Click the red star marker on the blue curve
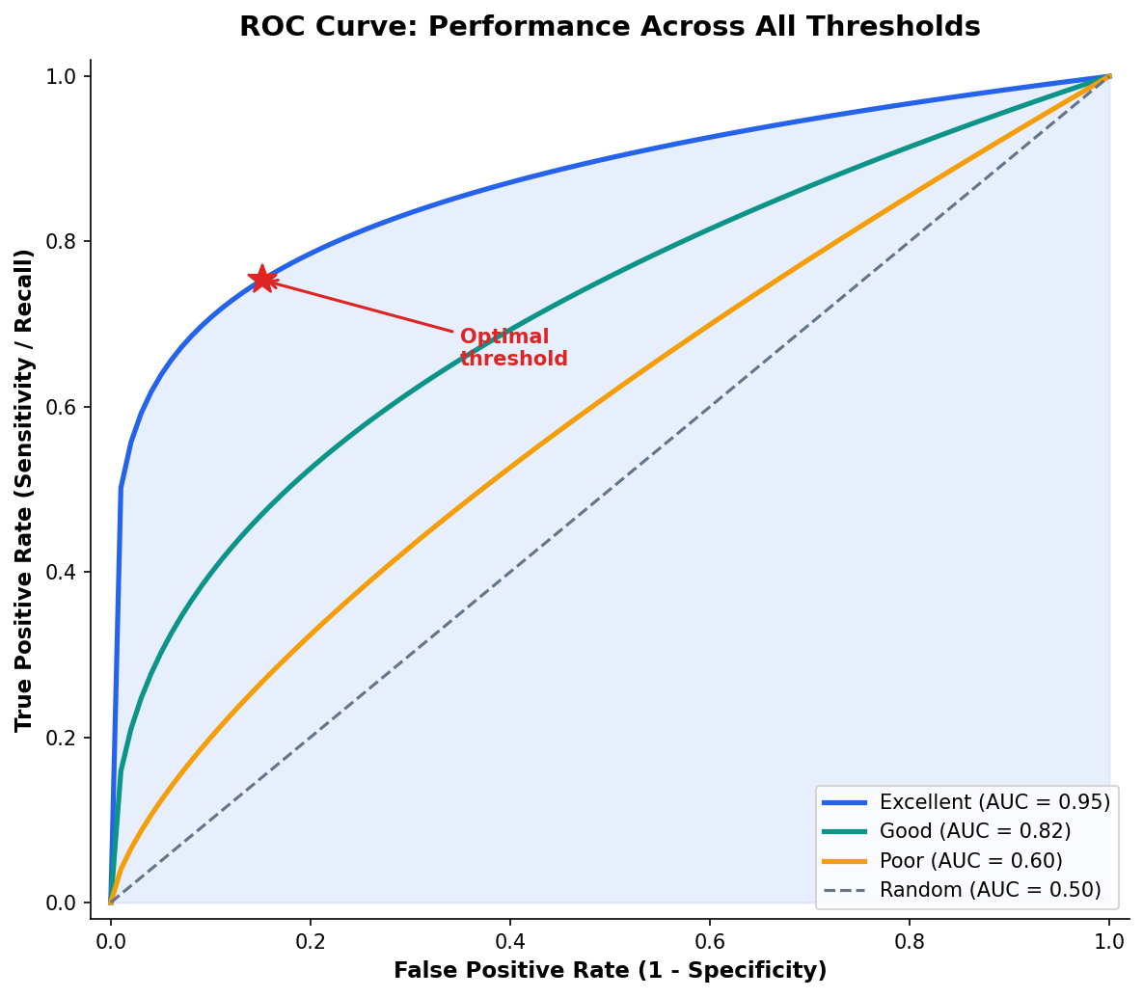coord(261,280)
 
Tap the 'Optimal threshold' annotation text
coord(513,348)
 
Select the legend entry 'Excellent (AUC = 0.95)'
coord(994,801)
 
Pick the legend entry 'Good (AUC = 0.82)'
coord(975,831)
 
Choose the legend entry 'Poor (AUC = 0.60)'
coord(970,860)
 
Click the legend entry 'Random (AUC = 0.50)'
coord(990,890)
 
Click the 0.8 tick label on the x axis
coord(910,938)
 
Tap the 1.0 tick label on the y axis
coord(64,76)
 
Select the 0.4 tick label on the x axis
coord(510,938)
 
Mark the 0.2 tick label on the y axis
coord(64,738)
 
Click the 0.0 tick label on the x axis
coord(111,938)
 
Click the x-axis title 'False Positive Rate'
coord(610,970)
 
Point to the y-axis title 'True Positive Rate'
coord(24,490)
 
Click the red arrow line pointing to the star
coord(367,308)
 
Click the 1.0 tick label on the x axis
coord(1109,938)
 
